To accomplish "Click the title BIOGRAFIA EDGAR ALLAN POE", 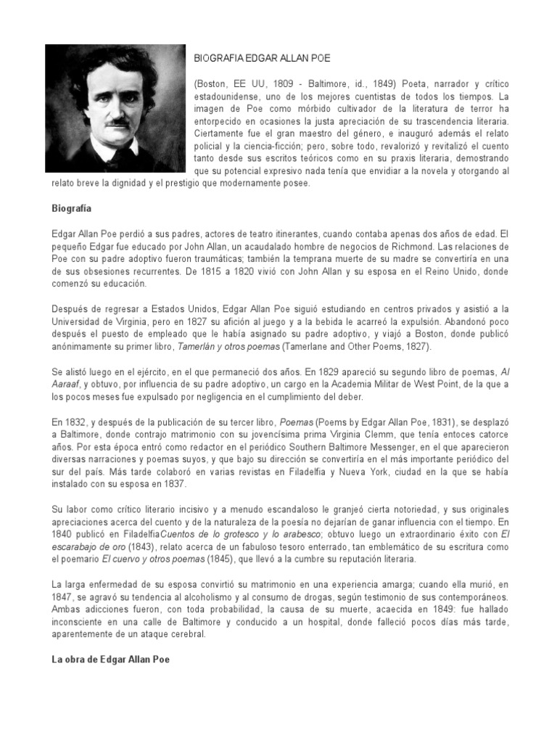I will pyautogui.click(x=262, y=57).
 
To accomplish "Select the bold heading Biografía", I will pyautogui.click(x=71, y=208).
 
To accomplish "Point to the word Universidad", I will pyautogui.click(x=77, y=322).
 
